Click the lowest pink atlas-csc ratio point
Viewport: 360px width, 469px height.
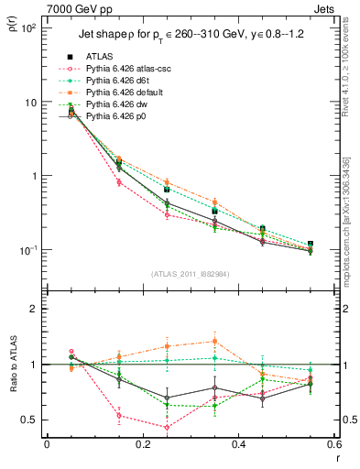tap(167, 427)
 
